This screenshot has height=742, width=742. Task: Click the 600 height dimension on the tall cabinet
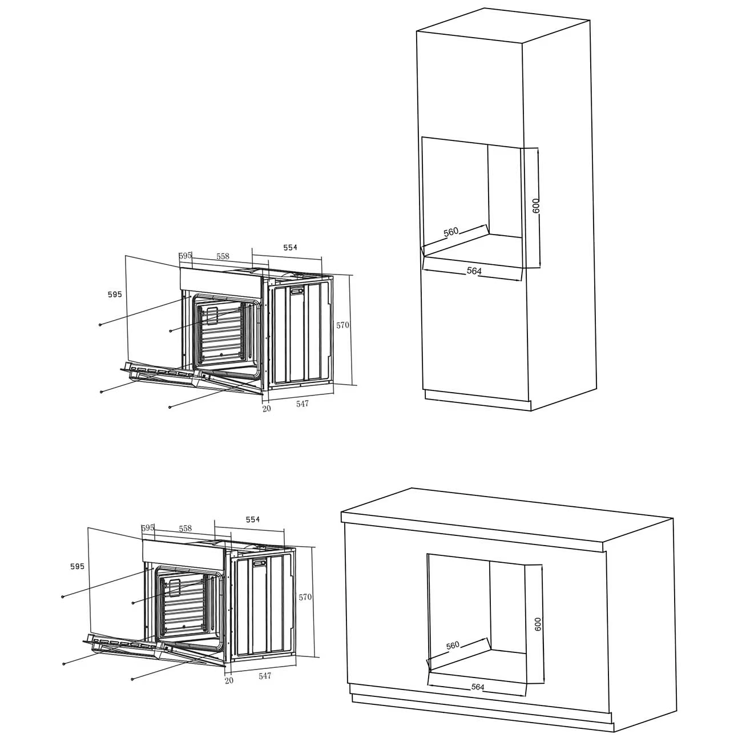536,205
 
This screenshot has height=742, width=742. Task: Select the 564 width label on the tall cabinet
474,271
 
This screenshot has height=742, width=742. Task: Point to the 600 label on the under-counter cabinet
538,624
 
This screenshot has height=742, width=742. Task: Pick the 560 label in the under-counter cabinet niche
453,645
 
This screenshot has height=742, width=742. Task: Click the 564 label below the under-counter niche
478,687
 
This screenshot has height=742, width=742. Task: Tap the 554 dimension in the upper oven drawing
290,248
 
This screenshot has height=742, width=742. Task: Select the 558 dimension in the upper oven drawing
223,256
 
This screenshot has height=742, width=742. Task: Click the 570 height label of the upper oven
342,325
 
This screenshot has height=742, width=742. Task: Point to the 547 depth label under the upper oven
303,404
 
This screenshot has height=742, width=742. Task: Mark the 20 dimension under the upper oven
267,409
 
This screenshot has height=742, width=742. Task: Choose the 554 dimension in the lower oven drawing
253,519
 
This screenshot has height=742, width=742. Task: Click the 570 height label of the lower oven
305,597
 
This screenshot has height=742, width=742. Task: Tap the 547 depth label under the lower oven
265,676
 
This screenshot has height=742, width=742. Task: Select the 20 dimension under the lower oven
229,681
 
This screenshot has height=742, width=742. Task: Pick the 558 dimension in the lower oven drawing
185,529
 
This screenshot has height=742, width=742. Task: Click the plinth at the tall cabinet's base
478,400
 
